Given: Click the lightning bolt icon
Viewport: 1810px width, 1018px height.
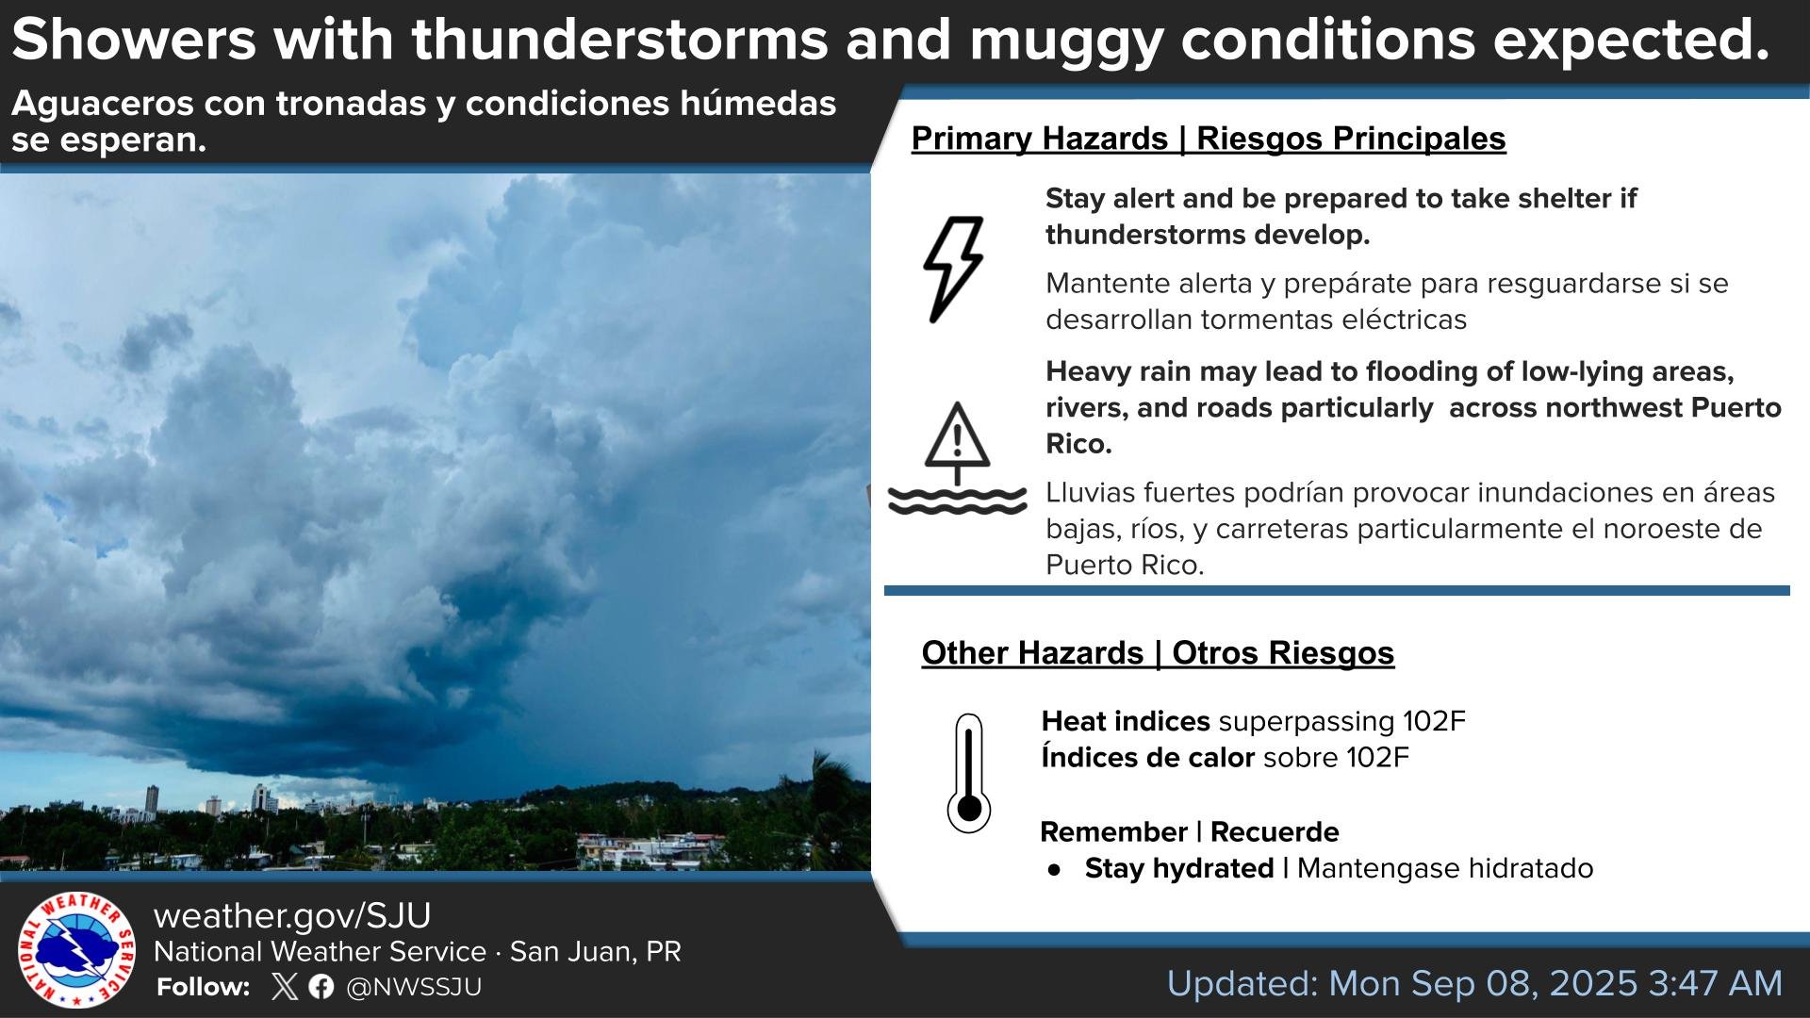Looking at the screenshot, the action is click(x=953, y=270).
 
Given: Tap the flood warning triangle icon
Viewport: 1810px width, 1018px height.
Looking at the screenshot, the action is click(x=957, y=459).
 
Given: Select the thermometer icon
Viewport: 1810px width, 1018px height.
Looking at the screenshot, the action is click(x=968, y=774).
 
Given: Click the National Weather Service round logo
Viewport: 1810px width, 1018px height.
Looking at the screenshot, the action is click(x=76, y=950).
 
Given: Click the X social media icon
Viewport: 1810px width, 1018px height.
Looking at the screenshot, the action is click(x=284, y=987).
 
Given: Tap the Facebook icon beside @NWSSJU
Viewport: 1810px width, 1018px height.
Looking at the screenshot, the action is click(x=321, y=987).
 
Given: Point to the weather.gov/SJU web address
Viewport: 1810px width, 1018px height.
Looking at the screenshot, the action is click(x=292, y=915).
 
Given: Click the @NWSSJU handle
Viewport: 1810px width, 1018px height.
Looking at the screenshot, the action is click(x=414, y=987).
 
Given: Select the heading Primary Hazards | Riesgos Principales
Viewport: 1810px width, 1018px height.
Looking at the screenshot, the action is click(x=1209, y=139).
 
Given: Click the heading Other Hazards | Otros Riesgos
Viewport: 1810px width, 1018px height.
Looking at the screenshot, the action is click(x=1158, y=652).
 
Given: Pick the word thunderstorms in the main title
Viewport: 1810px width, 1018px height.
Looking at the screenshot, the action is click(x=619, y=40).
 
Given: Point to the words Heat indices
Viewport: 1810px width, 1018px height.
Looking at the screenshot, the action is click(x=1126, y=721).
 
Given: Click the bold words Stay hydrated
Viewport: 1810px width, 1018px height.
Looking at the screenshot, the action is click(x=1179, y=868).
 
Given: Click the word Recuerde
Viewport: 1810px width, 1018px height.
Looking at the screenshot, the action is click(x=1275, y=831).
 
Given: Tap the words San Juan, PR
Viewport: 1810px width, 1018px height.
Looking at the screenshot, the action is click(x=596, y=952).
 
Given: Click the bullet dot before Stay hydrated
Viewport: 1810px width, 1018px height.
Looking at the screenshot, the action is click(x=1054, y=870).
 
